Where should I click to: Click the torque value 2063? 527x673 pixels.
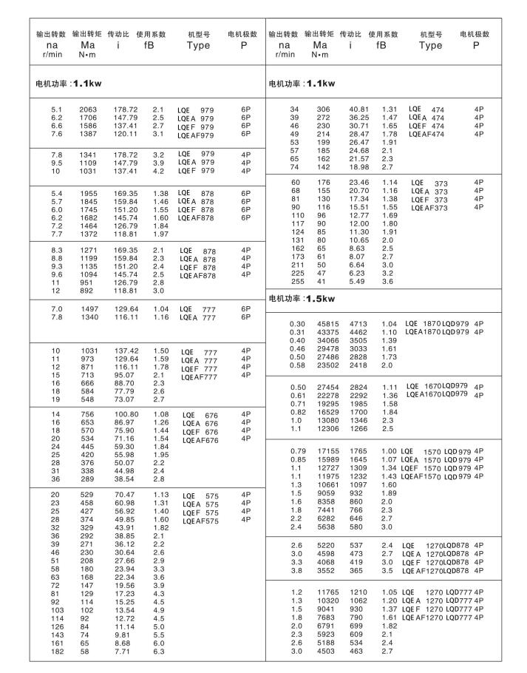point(88,109)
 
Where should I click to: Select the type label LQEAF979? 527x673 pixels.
point(196,135)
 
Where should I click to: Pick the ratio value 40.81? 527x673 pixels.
point(358,109)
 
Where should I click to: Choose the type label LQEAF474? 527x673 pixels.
point(426,135)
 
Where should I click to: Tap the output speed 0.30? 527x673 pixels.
point(297,323)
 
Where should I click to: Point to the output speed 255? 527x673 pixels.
point(297,281)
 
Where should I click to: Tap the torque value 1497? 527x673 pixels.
point(88,308)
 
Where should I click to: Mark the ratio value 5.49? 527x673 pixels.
point(358,281)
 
